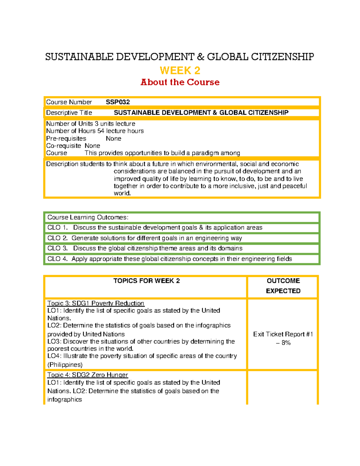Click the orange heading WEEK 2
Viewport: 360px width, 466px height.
[180, 71]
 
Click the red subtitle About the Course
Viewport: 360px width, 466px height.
[180, 82]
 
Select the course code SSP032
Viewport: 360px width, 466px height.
[118, 102]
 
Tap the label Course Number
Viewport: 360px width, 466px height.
[69, 102]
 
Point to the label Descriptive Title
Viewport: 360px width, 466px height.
[69, 113]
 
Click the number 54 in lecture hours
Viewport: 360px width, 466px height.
[101, 131]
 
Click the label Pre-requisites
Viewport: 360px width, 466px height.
[66, 139]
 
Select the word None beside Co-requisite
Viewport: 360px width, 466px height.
[92, 146]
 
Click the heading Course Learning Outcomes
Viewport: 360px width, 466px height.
[88, 217]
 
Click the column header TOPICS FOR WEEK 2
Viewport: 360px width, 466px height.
[146, 281]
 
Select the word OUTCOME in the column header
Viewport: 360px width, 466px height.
[283, 281]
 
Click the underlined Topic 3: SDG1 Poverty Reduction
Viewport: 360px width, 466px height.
[96, 303]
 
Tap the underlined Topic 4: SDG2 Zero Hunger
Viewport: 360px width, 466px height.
[88, 375]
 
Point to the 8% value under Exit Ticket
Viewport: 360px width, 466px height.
[286, 343]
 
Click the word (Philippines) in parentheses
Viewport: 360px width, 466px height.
[65, 365]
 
